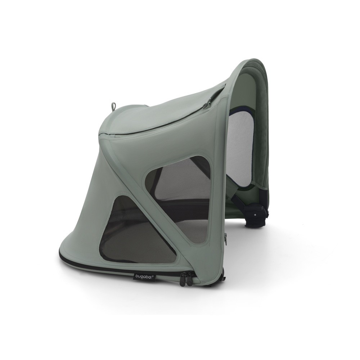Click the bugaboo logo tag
point(144,276)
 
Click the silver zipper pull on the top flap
point(206,105)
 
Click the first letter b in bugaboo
point(137,276)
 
